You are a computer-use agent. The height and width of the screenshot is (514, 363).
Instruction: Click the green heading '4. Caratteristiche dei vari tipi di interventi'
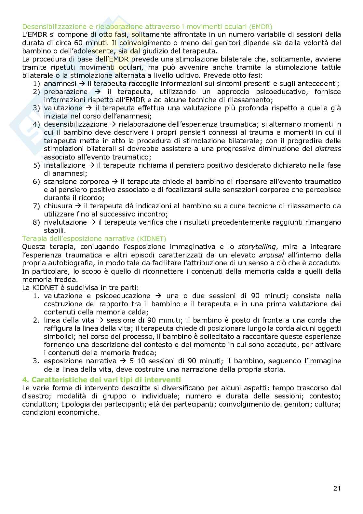(101, 380)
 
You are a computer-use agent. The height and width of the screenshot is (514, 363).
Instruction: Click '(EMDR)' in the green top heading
(261, 27)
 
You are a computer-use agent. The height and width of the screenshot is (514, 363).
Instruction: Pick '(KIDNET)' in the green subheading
(152, 239)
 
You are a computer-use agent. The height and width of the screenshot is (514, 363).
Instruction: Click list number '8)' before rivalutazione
(37, 222)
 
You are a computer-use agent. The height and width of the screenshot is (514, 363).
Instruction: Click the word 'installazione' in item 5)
(65, 165)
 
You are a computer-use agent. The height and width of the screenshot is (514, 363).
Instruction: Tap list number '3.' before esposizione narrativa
(36, 361)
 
